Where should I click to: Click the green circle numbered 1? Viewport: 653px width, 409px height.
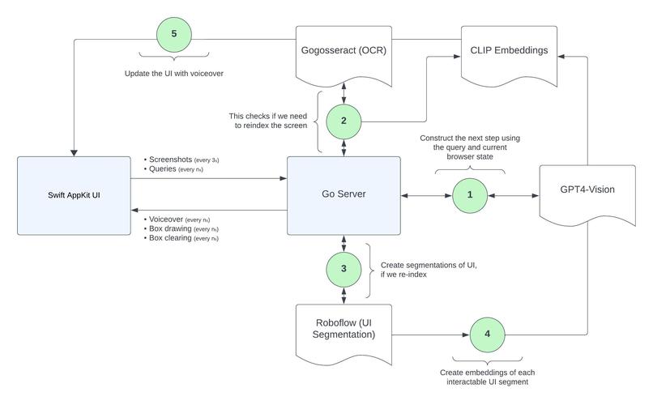[470, 195]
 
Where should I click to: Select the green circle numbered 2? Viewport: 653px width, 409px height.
[344, 121]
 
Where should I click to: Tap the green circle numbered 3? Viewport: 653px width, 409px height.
[344, 268]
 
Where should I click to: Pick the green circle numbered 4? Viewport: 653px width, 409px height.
[487, 334]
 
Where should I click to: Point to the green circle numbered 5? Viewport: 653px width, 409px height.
[173, 35]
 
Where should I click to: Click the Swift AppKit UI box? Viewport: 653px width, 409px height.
[74, 196]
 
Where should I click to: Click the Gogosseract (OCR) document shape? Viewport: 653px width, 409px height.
[344, 51]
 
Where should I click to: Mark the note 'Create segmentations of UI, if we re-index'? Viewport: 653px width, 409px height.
[429, 269]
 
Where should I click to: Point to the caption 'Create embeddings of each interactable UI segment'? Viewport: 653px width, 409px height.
[487, 377]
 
